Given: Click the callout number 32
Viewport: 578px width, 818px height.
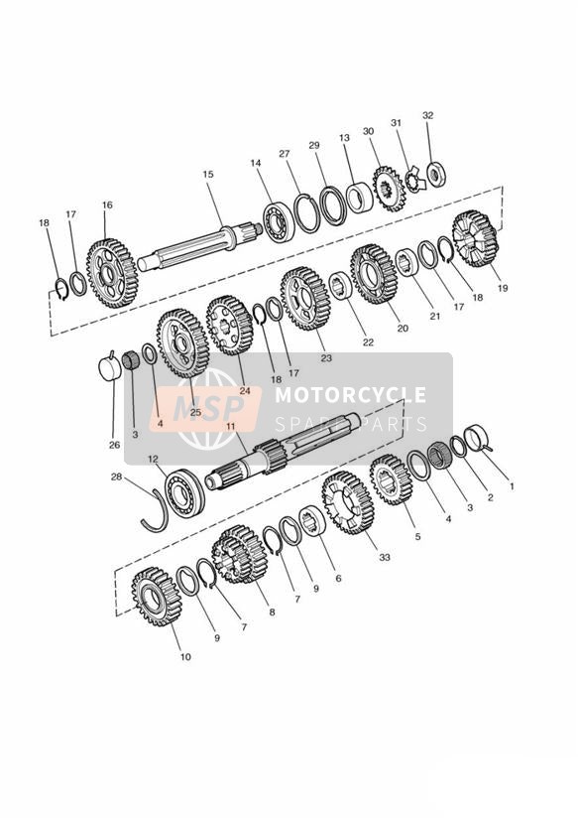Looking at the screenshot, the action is coord(428,115).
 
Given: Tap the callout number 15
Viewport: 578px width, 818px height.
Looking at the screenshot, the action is coord(208,175).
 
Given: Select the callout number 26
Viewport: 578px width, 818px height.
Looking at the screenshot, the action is coord(115,445).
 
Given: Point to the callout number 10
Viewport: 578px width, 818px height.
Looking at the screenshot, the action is coord(185,657).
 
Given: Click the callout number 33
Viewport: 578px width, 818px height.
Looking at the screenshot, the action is coord(384,557).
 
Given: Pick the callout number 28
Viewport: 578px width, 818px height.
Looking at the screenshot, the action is coord(116,477).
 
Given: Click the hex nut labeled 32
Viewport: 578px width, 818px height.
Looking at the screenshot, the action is coord(435,174).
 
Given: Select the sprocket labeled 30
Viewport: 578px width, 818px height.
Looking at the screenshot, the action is coord(389,189).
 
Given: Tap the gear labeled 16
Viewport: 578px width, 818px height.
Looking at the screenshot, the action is coord(112,273).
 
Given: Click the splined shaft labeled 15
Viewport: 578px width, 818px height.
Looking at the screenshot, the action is coord(198,246).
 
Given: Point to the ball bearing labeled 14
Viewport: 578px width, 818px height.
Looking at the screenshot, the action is coord(279,221).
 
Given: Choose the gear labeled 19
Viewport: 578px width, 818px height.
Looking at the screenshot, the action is coord(475,238).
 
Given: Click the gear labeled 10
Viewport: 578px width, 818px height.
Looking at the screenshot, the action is coord(157,597).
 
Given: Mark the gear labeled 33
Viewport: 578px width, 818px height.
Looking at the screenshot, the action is coord(348,502).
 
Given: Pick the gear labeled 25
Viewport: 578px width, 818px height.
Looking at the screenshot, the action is coord(183,343).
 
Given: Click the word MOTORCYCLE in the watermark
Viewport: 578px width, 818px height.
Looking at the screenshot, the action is coord(350,395).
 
